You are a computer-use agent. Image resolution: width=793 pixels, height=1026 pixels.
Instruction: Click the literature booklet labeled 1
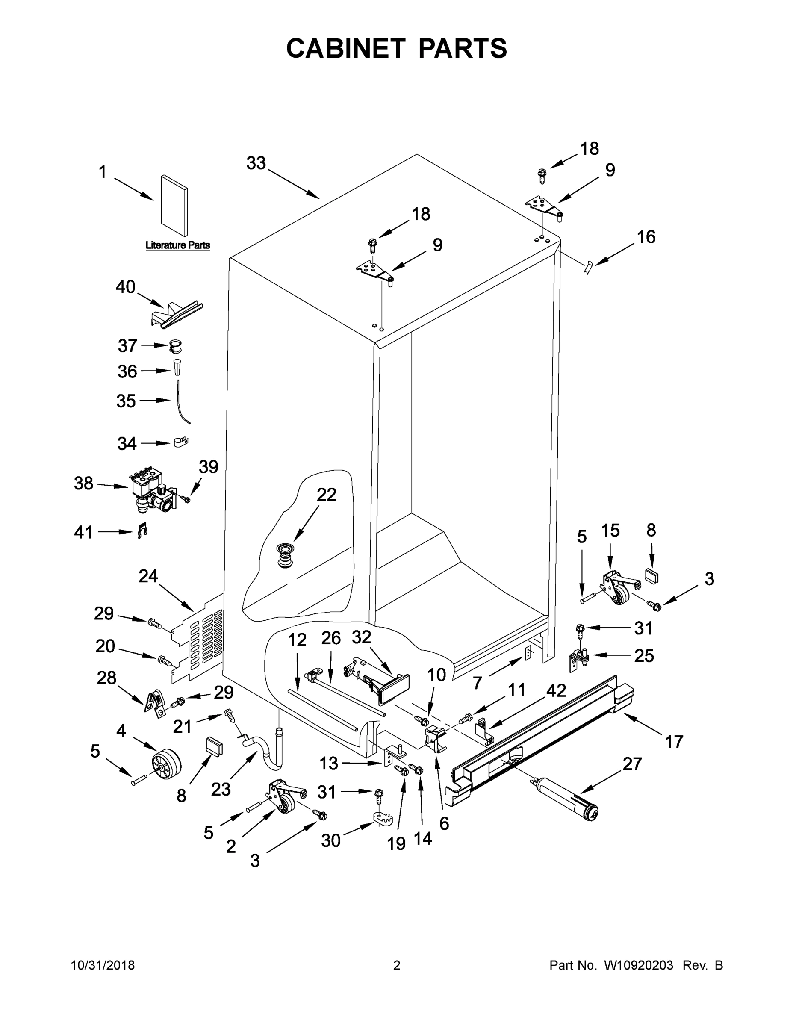[x=174, y=205]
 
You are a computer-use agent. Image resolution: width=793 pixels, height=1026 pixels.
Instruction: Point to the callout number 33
[x=256, y=163]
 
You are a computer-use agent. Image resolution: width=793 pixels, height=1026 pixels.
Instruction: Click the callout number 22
[x=326, y=495]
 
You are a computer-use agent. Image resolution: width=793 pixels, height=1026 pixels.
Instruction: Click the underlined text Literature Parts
[x=177, y=245]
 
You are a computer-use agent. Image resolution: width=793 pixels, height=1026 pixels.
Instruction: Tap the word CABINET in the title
[x=345, y=48]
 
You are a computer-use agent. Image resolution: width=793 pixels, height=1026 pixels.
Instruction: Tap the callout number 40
[x=125, y=287]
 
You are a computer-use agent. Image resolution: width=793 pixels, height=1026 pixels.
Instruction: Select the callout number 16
[x=646, y=237]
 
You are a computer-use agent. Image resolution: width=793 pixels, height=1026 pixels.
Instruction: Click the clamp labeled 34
[x=180, y=442]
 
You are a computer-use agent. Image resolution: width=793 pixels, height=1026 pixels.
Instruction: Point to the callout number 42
[x=556, y=690]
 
